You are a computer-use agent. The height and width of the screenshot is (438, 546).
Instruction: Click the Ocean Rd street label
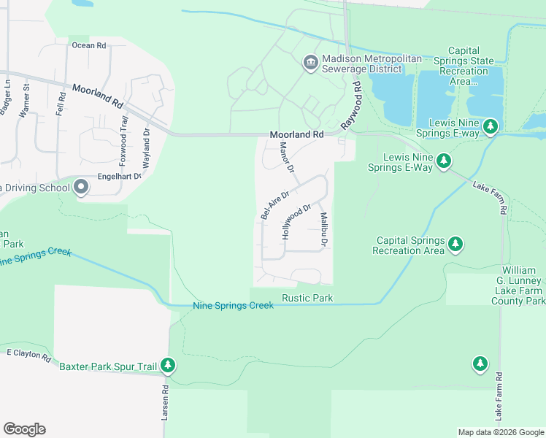click(x=89, y=45)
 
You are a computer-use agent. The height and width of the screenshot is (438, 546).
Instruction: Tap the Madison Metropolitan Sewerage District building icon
click(x=310, y=63)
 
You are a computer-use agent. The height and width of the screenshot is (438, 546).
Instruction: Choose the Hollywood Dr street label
click(x=296, y=222)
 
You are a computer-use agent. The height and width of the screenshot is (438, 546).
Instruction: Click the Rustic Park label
click(x=307, y=298)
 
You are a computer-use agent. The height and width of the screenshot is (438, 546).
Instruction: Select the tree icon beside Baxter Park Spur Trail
click(x=168, y=364)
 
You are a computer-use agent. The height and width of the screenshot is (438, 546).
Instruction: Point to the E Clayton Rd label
click(x=28, y=356)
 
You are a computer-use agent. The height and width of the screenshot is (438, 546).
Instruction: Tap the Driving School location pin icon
click(x=81, y=188)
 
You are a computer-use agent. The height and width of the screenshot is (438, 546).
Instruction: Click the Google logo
click(x=24, y=429)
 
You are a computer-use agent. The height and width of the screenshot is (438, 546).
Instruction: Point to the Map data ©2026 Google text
click(x=501, y=432)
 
